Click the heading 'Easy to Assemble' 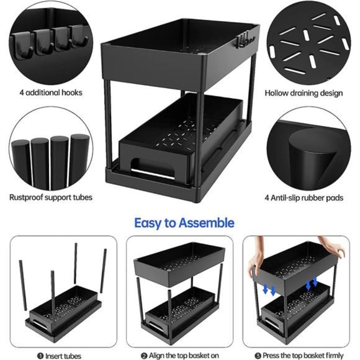pos(184,222)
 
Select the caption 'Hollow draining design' pos(304,93)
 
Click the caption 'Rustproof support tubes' pos(51,197)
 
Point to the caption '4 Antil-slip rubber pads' pos(304,197)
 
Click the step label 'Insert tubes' pos(60,355)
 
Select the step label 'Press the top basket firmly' pos(302,355)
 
